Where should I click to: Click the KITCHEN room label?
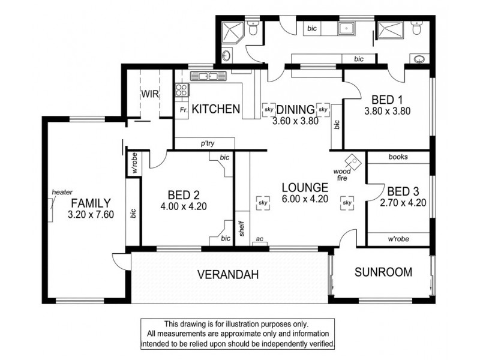[x=217, y=109]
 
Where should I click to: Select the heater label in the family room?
[x=62, y=192]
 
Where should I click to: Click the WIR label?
[x=149, y=94]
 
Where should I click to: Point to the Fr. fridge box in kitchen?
[x=183, y=110]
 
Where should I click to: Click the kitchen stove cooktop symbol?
[x=181, y=91]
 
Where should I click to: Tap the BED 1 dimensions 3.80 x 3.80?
[x=386, y=111]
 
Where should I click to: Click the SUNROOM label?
[x=383, y=272]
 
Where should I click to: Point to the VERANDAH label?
[x=228, y=275]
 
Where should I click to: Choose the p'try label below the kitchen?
[x=208, y=143]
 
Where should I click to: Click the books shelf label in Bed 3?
[x=398, y=157]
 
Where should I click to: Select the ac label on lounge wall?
[x=259, y=238]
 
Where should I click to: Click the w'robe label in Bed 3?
[x=398, y=239]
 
